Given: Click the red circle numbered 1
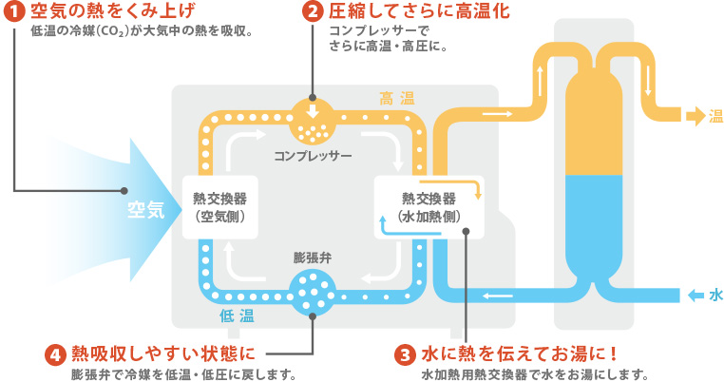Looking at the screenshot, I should point(14,12).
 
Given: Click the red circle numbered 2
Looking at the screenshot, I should point(313,12).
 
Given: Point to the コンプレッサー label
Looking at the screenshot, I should point(313,154).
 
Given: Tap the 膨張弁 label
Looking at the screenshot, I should point(313,258).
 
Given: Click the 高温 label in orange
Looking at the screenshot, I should point(397,97).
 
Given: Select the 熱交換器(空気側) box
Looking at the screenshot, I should point(219,206).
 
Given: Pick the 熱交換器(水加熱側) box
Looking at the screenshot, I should point(428,206).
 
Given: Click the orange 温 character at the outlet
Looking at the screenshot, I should point(715,116).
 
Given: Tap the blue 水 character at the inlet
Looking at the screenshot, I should point(715,295).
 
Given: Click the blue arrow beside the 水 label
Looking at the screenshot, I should point(695,295).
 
